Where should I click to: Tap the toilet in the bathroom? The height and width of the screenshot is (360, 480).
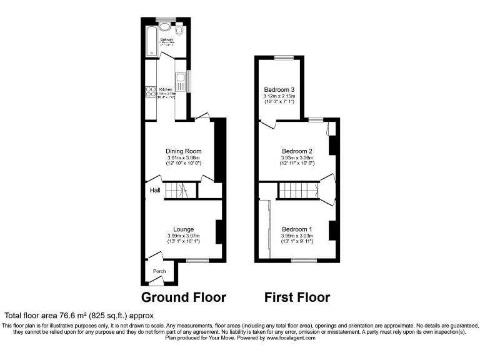pyautogui.click(x=179, y=30)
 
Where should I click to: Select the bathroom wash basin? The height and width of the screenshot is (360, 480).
pyautogui.click(x=166, y=27)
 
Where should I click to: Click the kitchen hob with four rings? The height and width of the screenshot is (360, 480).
pyautogui.click(x=151, y=93)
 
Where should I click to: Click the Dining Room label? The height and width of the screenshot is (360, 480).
pyautogui.click(x=183, y=151)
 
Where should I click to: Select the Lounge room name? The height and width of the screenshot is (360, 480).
pyautogui.click(x=183, y=229)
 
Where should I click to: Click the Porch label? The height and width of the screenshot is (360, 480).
pyautogui.click(x=159, y=271)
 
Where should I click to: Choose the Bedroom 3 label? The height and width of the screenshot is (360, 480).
pyautogui.click(x=279, y=90)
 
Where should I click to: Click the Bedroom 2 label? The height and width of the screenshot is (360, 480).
pyautogui.click(x=297, y=151)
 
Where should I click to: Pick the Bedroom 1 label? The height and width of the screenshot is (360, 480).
pyautogui.click(x=297, y=229)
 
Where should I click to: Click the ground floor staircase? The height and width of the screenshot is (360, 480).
pyautogui.click(x=181, y=191)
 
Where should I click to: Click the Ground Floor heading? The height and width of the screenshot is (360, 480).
pyautogui.click(x=183, y=297)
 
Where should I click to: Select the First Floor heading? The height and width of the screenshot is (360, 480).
pyautogui.click(x=297, y=297)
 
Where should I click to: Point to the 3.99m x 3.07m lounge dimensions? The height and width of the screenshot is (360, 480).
pyautogui.click(x=183, y=236)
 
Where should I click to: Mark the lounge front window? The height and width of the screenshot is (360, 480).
pyautogui.click(x=197, y=260)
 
